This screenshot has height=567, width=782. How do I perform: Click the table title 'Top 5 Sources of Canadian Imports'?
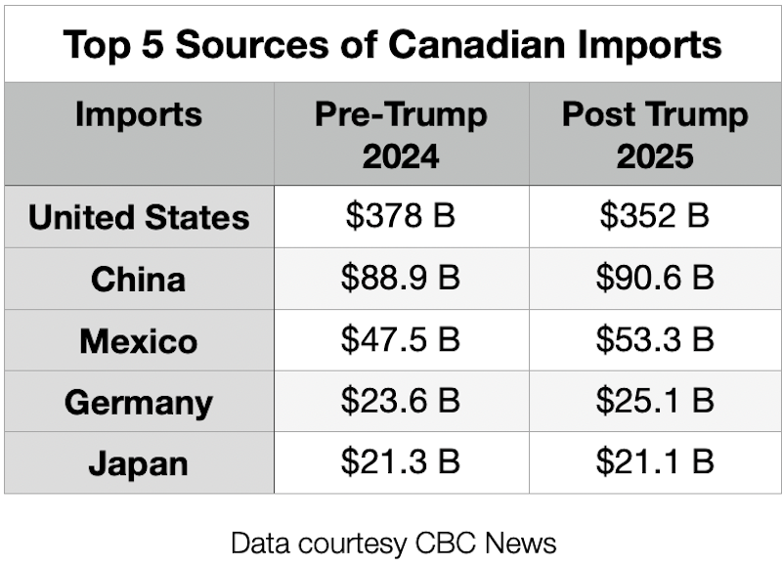[x=392, y=45]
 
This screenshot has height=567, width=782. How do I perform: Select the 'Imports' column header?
[x=139, y=114]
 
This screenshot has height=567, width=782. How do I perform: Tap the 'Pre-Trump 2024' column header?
[x=401, y=135]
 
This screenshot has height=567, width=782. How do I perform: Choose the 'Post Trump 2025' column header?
[x=655, y=135]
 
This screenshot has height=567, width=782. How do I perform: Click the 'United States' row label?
[x=139, y=217]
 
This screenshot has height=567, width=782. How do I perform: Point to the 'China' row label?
[x=139, y=280]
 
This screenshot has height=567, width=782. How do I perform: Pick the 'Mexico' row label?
[x=139, y=341]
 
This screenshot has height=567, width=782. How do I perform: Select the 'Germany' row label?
[x=139, y=403]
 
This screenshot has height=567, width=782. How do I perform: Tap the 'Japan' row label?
[x=139, y=463]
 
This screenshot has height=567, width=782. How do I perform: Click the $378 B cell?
[x=401, y=217]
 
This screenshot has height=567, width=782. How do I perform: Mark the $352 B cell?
[x=655, y=217]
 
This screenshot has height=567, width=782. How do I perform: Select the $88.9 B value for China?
[x=401, y=279]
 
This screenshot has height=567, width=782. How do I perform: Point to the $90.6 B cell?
[x=655, y=279]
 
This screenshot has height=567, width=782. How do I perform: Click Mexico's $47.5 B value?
[x=401, y=340]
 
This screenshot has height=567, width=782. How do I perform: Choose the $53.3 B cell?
[x=655, y=340]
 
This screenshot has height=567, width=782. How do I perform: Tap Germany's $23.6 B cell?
[x=401, y=402]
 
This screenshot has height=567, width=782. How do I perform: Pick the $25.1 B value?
[x=655, y=402]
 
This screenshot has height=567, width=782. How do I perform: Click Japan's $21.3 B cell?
[x=401, y=463]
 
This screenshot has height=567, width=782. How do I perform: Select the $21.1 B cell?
[x=655, y=463]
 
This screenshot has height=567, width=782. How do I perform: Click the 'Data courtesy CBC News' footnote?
[x=393, y=542]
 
